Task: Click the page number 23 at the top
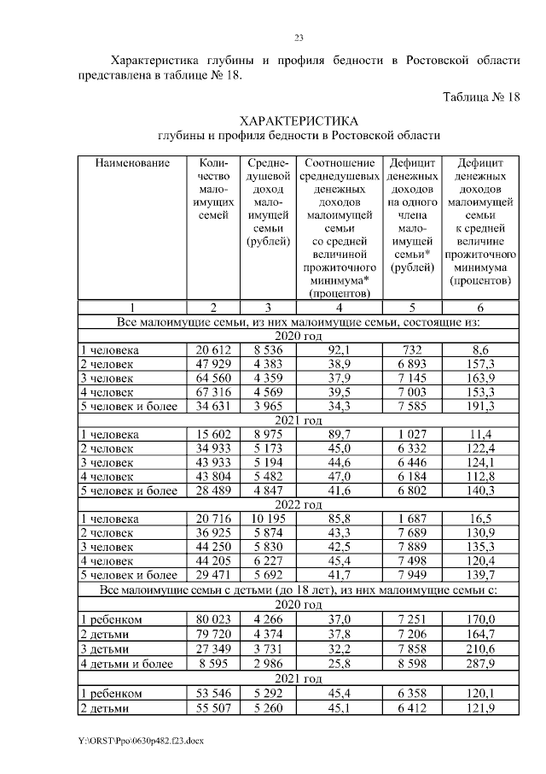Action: coord(299,38)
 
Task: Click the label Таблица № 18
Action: coord(481,97)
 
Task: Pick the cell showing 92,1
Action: coord(340,350)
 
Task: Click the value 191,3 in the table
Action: coord(479,406)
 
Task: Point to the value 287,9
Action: coord(479,662)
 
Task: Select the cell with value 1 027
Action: coord(411,435)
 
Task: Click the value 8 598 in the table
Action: coord(411,662)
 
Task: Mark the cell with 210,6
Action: coord(479,648)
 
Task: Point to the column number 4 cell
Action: coord(340,308)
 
